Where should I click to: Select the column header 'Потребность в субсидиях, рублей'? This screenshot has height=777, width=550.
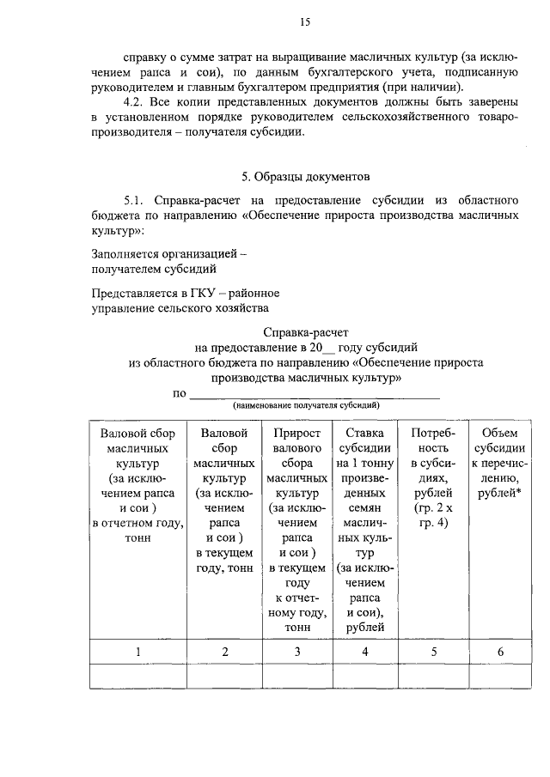click(x=433, y=471)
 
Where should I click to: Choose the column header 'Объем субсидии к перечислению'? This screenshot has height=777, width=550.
click(x=500, y=464)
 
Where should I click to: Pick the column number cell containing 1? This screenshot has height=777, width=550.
click(x=137, y=652)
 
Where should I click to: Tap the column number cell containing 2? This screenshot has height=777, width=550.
click(x=224, y=652)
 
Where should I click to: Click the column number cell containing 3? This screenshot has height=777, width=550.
click(x=296, y=652)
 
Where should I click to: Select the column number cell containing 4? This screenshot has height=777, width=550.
click(x=365, y=652)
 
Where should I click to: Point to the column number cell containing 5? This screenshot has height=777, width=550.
click(x=433, y=652)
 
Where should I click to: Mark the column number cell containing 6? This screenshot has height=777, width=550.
click(x=500, y=652)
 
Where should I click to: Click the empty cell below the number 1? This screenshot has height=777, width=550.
click(x=137, y=677)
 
